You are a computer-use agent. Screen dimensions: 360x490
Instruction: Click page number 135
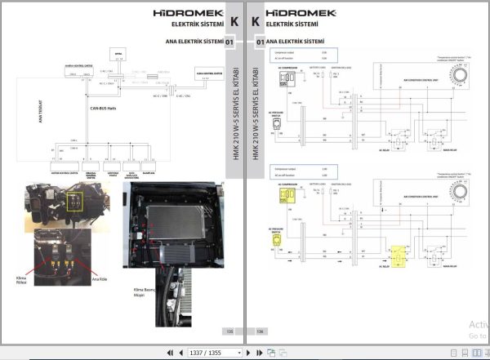click(x=229, y=331)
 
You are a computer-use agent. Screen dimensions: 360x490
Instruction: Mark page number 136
click(x=261, y=331)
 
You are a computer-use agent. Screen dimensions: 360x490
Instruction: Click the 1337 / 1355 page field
click(x=216, y=353)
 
